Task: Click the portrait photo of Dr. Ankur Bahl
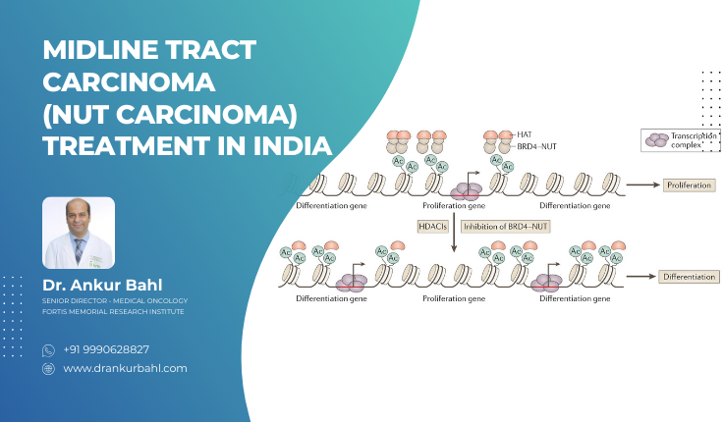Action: coord(79,233)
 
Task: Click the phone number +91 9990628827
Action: coord(107,349)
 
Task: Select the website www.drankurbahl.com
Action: coord(125,368)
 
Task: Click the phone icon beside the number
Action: coord(48,349)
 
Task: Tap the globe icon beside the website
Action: coord(48,368)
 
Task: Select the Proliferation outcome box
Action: coord(688,185)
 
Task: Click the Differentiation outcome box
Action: coord(688,277)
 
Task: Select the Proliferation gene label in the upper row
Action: coord(453,206)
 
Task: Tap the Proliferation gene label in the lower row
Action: coord(453,296)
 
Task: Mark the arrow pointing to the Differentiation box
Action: coord(639,277)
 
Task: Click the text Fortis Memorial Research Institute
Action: coord(113,311)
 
